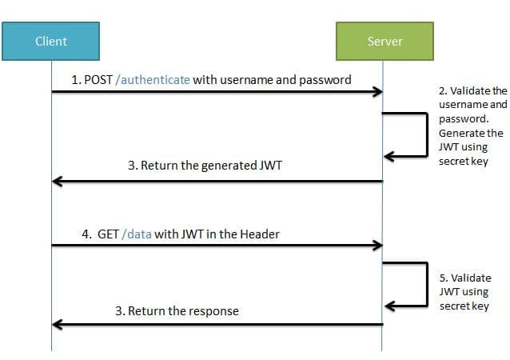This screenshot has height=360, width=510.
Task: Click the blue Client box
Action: coord(51,42)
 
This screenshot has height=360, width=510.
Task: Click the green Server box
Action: coord(384,42)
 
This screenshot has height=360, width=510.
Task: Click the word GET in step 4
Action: coord(107,234)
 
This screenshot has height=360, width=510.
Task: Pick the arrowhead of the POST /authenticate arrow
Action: coord(377,92)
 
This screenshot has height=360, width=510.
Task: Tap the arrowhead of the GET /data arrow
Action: coord(377,245)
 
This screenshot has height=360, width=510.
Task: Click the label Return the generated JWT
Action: coord(205,166)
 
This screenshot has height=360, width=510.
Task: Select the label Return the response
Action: coord(177,310)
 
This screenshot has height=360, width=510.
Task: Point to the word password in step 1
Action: coord(325,80)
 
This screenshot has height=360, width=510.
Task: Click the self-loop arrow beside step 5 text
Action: coord(426,284)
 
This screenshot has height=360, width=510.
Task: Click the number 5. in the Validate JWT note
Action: coord(444,278)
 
